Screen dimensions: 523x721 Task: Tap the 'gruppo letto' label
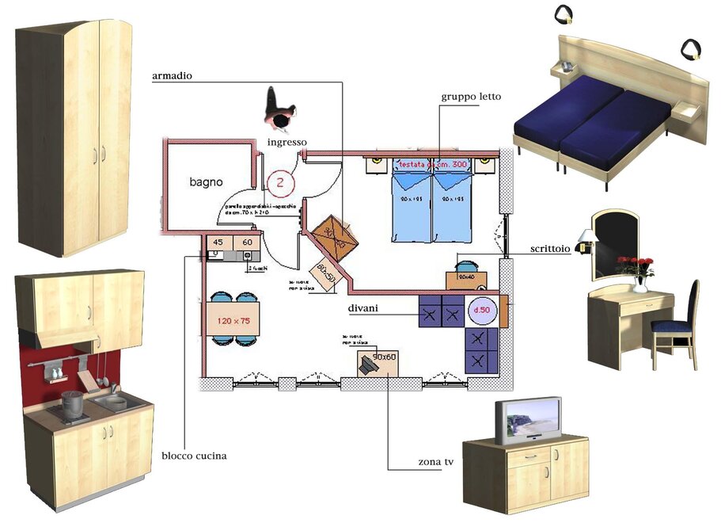(x=471, y=97)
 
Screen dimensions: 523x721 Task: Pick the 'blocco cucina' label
(x=194, y=456)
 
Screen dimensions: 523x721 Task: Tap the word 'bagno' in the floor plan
(x=206, y=181)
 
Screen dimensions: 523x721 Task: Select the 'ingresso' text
(x=287, y=142)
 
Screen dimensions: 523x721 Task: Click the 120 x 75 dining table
(x=233, y=321)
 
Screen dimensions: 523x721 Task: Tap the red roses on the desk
(x=635, y=265)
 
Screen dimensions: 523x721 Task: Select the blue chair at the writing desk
(x=677, y=317)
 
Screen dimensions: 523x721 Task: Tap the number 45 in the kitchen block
(x=217, y=242)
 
